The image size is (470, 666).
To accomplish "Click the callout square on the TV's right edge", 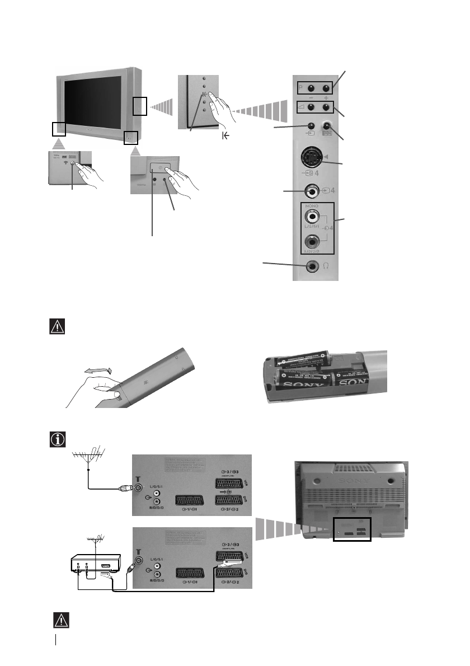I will [x=139, y=105].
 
